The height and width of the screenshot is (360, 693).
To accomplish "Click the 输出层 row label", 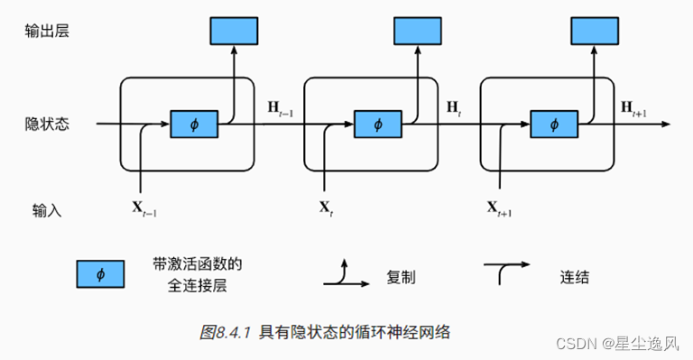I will pos(47,31).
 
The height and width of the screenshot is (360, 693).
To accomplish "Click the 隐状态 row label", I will pos(47,125).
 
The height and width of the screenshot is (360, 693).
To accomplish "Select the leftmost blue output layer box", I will pos(234,31).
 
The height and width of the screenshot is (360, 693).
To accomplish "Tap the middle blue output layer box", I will pos(418,31).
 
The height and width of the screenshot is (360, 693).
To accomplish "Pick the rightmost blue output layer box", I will pos(595,31).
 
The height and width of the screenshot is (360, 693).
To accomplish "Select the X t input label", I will pos(325,208).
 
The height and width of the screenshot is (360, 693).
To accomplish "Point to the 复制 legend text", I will pos(401,278).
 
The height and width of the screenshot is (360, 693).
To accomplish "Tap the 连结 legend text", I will pos(575,278).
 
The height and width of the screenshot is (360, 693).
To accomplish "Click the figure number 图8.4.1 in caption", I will pos(226,332).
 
